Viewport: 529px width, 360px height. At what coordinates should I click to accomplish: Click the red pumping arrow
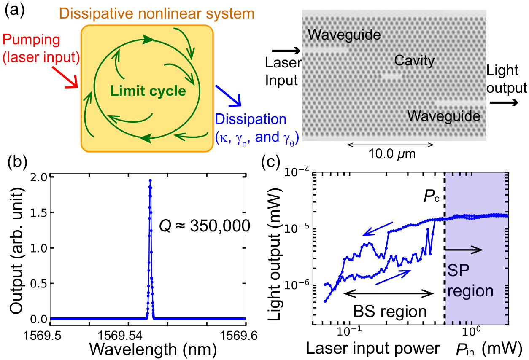click(x=65, y=77)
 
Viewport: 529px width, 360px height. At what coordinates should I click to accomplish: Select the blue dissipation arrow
click(x=228, y=96)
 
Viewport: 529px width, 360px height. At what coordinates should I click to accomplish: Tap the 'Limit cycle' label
click(x=148, y=91)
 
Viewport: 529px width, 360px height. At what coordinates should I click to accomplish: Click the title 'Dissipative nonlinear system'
click(x=157, y=13)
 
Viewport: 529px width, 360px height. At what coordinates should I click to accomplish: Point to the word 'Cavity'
click(x=414, y=61)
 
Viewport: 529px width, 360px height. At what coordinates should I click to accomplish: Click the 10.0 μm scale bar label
click(x=392, y=154)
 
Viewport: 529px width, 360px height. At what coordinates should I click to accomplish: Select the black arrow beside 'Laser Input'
click(x=286, y=51)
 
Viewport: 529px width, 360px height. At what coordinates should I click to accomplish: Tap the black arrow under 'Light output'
click(x=504, y=102)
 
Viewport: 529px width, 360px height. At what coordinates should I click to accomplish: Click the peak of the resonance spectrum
click(x=150, y=180)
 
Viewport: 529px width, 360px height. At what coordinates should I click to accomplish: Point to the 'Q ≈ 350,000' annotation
click(x=205, y=226)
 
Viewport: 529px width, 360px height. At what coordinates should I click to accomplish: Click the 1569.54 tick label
click(x=120, y=336)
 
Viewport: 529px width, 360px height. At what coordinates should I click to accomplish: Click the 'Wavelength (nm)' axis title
click(x=153, y=349)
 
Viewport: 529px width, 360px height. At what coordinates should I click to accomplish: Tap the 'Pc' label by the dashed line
click(x=432, y=196)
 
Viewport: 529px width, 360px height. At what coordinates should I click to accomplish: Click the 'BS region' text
click(x=390, y=312)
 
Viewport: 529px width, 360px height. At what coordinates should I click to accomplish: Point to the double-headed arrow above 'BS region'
click(x=389, y=294)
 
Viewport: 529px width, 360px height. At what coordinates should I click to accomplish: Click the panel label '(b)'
click(x=17, y=162)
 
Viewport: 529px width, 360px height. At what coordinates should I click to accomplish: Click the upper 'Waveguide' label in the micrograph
click(x=344, y=35)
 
